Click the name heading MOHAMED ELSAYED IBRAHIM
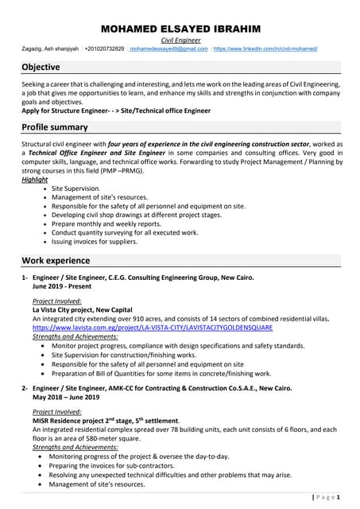click(180, 29)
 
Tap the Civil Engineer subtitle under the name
click(180, 40)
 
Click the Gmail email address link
click(169, 49)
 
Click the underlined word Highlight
click(35, 180)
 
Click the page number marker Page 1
click(326, 497)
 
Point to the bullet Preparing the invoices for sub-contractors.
click(127, 466)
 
